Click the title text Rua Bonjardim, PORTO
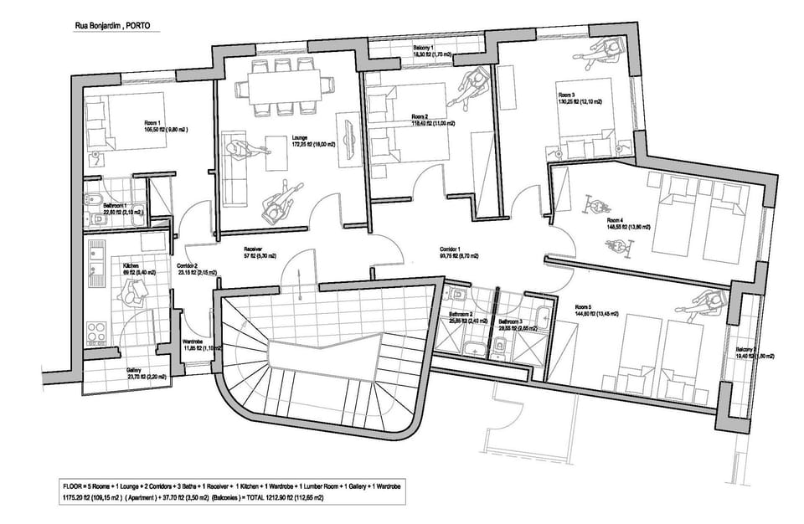click(x=113, y=26)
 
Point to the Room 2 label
click(x=420, y=116)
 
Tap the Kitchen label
click(x=106, y=265)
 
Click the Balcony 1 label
click(x=424, y=49)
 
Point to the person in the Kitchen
click(x=132, y=292)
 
